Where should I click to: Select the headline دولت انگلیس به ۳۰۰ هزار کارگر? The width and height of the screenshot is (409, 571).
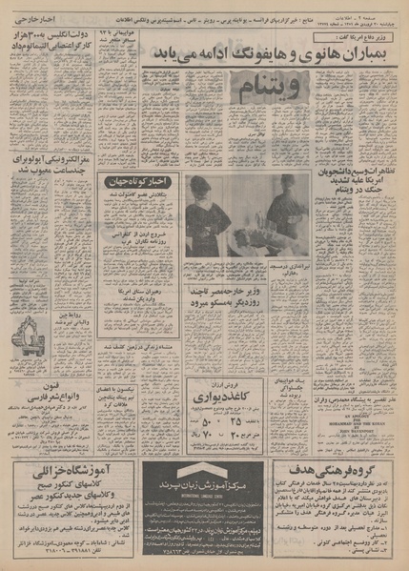coord(55,62)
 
